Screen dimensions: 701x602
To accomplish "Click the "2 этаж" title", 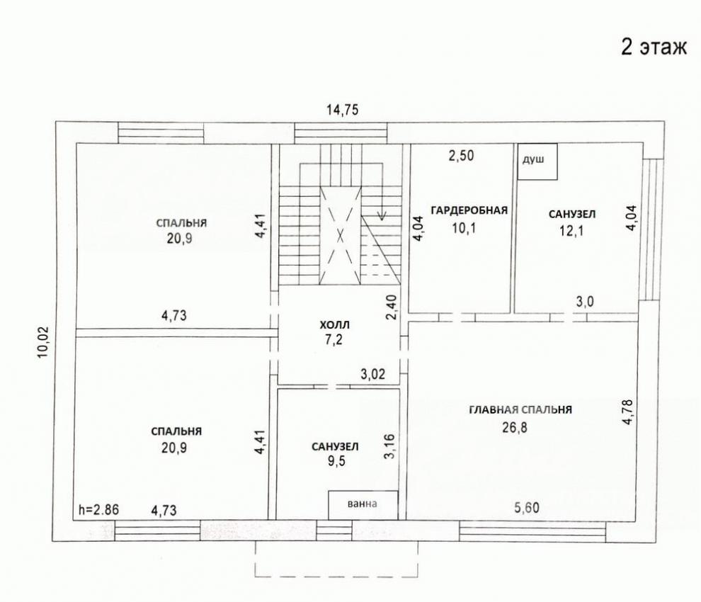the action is [654, 47].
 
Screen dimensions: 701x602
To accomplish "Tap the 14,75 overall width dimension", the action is [342, 110].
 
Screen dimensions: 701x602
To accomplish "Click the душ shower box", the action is [537, 161].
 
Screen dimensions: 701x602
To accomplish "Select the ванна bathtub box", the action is [363, 505].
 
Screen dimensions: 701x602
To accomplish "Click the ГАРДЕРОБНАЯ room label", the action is [469, 210].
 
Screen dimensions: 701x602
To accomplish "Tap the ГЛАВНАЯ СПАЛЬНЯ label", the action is [520, 409].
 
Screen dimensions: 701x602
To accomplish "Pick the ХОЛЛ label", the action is [334, 324].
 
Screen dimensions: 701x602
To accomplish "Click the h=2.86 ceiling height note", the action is [99, 509].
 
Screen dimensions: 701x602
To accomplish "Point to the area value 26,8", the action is [515, 428].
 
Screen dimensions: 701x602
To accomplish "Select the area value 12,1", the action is [572, 231].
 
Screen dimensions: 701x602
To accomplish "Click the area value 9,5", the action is [336, 461].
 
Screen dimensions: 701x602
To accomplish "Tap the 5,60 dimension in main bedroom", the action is [527, 508].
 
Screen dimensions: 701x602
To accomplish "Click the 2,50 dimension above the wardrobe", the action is [461, 156].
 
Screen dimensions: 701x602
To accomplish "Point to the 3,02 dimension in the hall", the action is [373, 373].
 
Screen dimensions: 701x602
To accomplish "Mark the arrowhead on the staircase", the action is [382, 217].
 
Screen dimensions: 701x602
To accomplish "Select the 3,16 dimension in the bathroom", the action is [389, 446].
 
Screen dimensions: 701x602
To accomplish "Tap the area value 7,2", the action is [334, 340].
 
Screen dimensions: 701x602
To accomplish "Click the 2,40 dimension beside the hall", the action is [391, 307].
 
